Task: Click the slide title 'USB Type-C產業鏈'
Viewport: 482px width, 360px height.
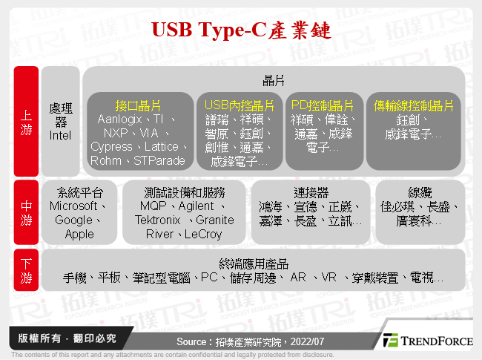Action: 242,29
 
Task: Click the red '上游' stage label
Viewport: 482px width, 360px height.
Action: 26,122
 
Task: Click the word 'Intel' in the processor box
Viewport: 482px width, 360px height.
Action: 60,135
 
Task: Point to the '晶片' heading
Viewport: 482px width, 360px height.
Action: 274,79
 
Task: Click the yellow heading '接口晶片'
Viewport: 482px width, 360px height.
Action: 138,105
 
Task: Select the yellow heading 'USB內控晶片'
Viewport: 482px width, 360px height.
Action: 239,105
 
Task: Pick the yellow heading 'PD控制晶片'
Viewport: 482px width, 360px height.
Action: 323,105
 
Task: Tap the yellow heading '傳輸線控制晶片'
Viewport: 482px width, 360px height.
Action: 414,105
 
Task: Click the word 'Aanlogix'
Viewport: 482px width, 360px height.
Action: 120,120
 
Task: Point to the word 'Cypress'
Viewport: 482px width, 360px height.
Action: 112,147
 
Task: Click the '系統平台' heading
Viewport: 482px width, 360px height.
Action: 79,192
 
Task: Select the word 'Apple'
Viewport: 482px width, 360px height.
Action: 79,234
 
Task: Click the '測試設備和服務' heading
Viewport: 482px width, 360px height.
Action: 185,192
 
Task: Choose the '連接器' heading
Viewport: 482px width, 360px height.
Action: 310,192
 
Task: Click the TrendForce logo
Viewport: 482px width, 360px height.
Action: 427,341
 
